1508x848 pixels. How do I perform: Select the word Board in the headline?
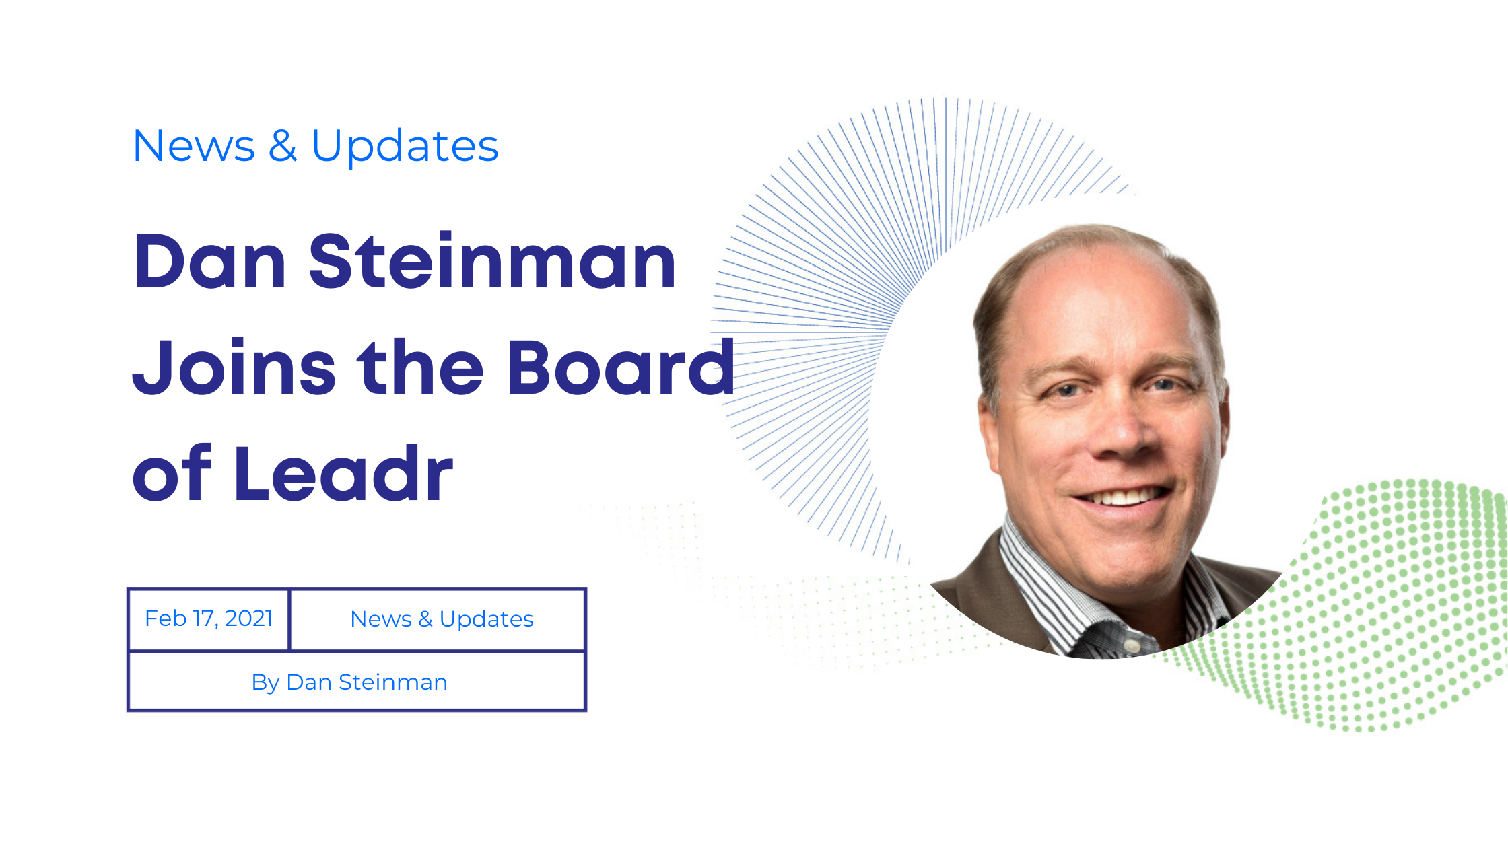(621, 367)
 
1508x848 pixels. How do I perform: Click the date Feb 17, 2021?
(209, 619)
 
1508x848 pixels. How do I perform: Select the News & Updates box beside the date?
(438, 619)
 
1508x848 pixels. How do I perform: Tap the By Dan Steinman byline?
(349, 682)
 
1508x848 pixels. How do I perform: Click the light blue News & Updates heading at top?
(316, 146)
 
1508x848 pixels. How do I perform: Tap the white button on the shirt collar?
(1133, 646)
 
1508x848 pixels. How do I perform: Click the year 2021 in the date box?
(248, 618)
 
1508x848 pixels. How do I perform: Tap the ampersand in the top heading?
(283, 146)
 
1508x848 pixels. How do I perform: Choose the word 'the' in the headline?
(421, 367)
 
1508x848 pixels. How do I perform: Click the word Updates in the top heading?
(405, 146)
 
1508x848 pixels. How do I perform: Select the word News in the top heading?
(194, 146)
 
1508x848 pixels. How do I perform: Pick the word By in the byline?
(265, 683)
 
